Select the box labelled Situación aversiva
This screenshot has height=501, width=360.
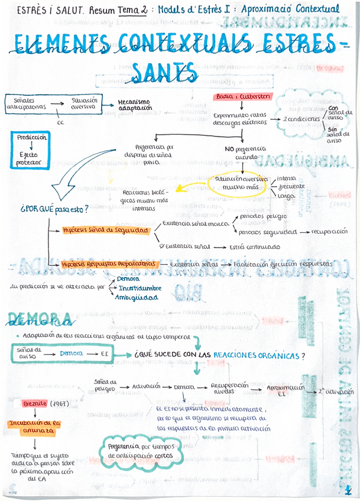84,103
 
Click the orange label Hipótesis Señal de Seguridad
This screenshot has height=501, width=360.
105,230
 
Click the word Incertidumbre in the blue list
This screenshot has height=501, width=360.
140,288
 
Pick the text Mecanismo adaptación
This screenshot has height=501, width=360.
134,105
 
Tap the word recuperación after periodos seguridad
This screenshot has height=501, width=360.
327,232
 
